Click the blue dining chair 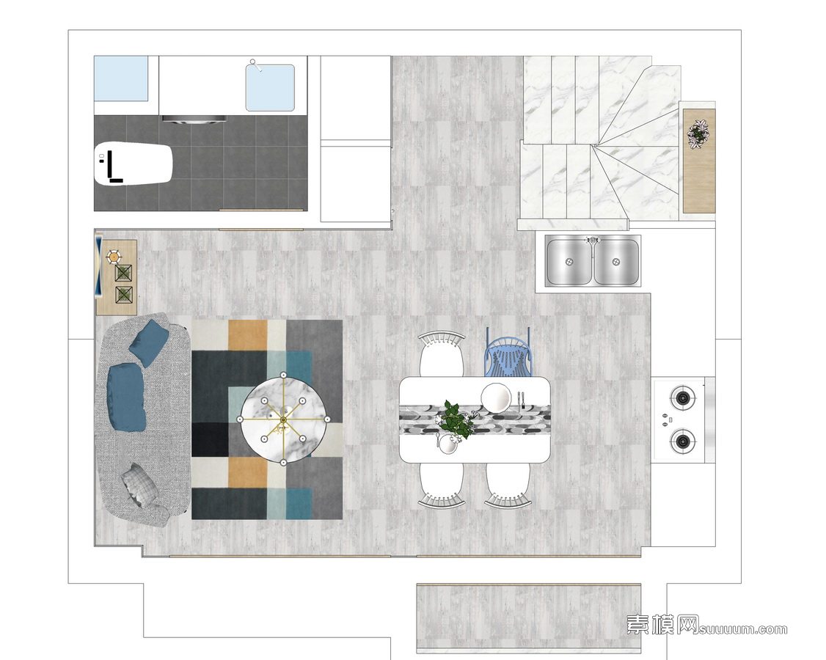tap(507, 353)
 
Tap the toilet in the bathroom tap(134, 163)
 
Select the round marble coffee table tap(283, 419)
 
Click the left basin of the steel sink tap(569, 262)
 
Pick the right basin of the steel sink tap(616, 262)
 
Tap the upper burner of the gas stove tap(683, 397)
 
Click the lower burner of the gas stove tap(683, 440)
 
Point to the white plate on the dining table tap(496, 397)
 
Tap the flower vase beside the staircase tap(698, 133)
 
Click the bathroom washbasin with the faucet tap(270, 87)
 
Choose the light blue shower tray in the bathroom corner tap(120, 78)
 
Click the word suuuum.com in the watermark tap(744, 629)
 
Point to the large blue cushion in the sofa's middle tap(126, 397)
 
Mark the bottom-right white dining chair tap(507, 485)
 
